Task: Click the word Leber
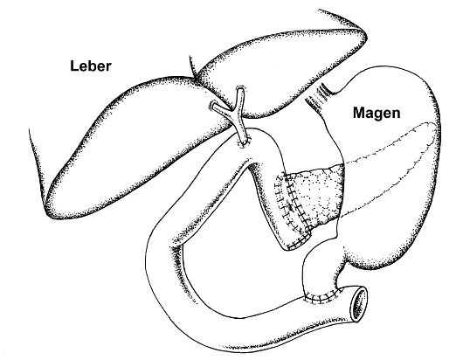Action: [91, 66]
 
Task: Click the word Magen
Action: [377, 113]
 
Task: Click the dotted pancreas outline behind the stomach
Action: [390, 165]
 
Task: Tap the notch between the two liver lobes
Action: [195, 78]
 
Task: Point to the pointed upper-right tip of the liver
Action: [365, 36]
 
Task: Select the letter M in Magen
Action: [359, 112]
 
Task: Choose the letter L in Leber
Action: [74, 66]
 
